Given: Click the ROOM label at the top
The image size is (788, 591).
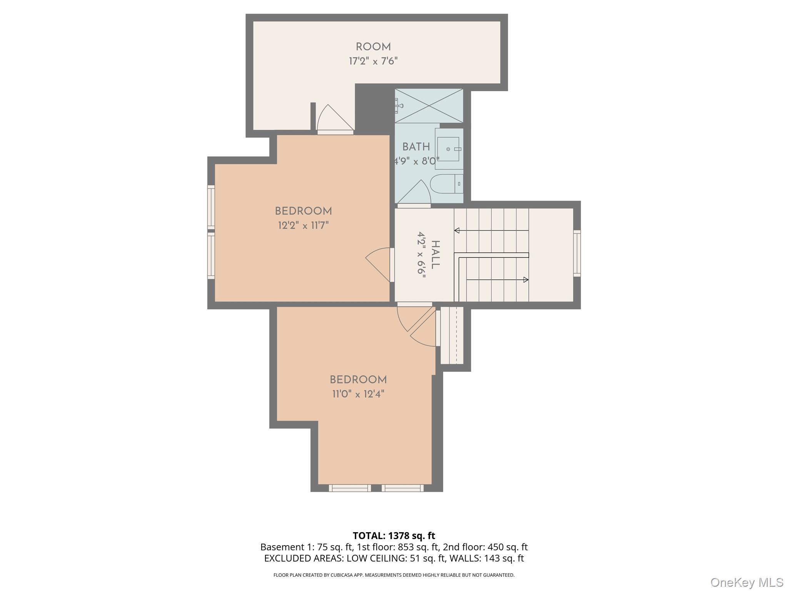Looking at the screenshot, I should [x=373, y=47].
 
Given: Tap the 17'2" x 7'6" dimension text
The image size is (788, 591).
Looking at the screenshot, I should [x=373, y=61].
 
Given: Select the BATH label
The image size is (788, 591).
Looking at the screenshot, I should [x=416, y=147].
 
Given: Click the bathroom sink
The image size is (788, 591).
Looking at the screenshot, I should [x=449, y=149].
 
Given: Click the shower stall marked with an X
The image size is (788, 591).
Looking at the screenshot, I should [x=429, y=106].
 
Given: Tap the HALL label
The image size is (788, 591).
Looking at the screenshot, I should [x=435, y=255].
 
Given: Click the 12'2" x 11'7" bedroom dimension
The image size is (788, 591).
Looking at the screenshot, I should [x=303, y=225].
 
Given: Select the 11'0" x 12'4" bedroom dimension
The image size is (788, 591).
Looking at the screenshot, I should [x=358, y=394].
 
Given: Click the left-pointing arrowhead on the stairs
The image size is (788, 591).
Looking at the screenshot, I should [x=457, y=230].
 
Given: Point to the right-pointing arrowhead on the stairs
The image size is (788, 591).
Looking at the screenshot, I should [x=526, y=280].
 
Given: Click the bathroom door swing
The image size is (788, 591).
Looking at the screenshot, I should [x=414, y=192].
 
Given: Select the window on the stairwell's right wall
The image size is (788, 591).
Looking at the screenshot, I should [x=577, y=253].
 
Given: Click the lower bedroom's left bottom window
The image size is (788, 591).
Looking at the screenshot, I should [x=350, y=488].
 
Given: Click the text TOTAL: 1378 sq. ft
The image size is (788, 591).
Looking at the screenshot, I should [x=394, y=536].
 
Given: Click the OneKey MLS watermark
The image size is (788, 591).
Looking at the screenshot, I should [x=746, y=582].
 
